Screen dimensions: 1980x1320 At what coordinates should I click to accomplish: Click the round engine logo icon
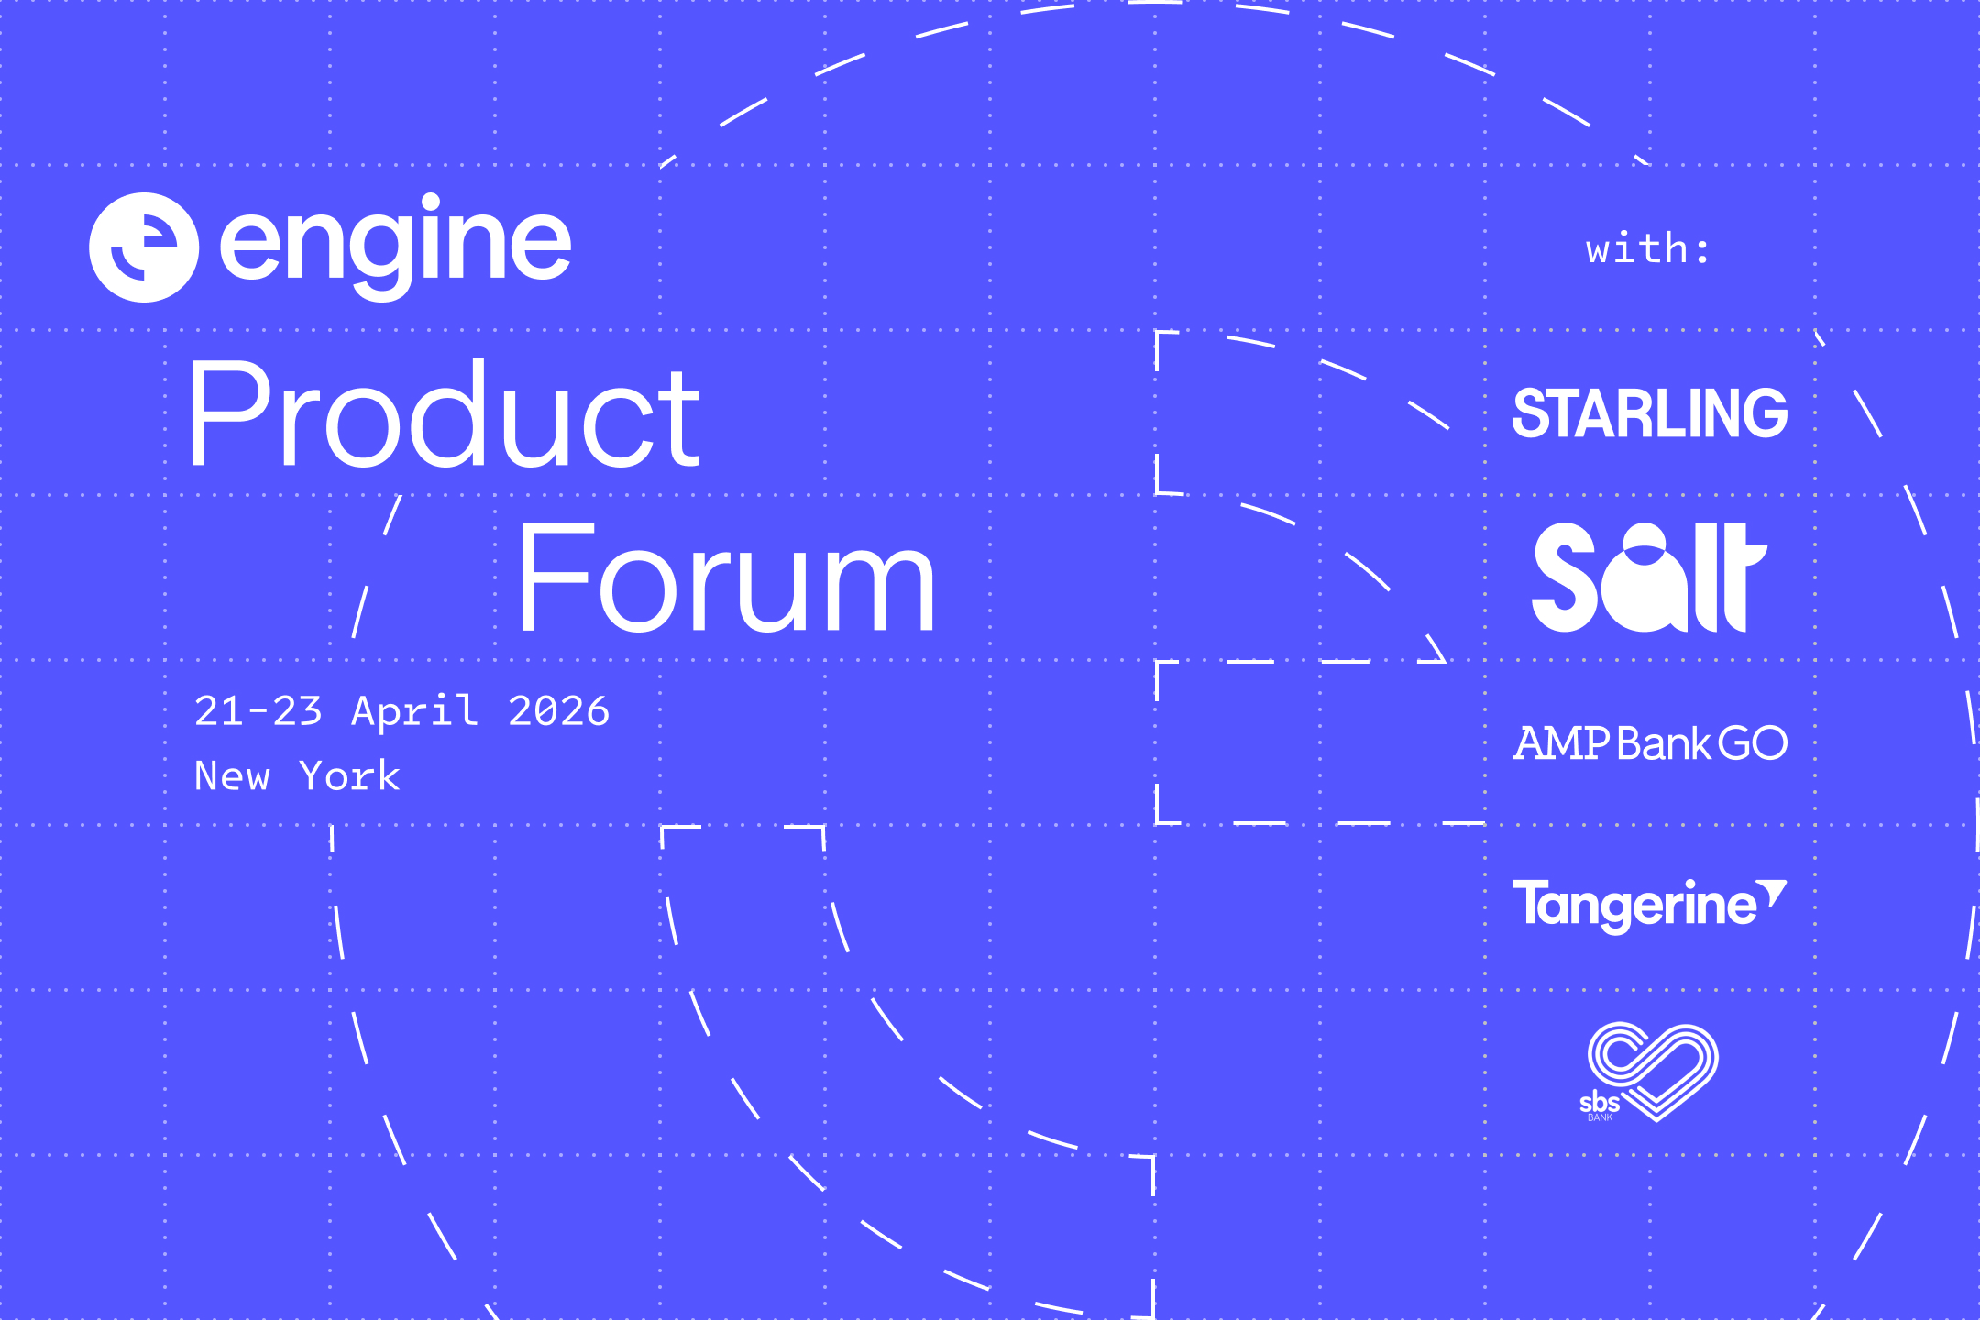[x=144, y=247]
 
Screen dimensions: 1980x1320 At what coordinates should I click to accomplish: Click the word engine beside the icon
[x=395, y=246]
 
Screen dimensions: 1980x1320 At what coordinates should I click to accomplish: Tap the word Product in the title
[x=445, y=413]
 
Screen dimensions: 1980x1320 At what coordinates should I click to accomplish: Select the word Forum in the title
[x=726, y=577]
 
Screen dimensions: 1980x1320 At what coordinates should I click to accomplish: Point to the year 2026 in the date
[x=559, y=711]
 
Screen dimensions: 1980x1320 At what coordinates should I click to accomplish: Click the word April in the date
[x=415, y=712]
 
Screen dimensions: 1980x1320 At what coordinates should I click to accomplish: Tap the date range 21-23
[x=258, y=711]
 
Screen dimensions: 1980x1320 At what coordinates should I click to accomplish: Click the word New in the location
[x=233, y=776]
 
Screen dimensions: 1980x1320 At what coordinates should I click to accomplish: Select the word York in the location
[x=350, y=776]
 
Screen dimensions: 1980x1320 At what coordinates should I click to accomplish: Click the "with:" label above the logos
[x=1648, y=249]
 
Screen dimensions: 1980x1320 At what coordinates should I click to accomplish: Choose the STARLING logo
[x=1650, y=413]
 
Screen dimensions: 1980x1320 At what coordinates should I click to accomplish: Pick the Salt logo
[x=1649, y=577]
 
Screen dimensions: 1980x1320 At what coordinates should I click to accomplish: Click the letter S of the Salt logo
[x=1566, y=577]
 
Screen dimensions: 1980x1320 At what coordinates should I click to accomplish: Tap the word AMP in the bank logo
[x=1561, y=743]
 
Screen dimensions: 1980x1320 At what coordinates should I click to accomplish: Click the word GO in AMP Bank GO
[x=1753, y=743]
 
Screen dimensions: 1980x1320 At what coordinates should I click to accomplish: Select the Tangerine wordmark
[x=1634, y=906]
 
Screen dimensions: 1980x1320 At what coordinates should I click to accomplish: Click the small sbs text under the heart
[x=1600, y=1103]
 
